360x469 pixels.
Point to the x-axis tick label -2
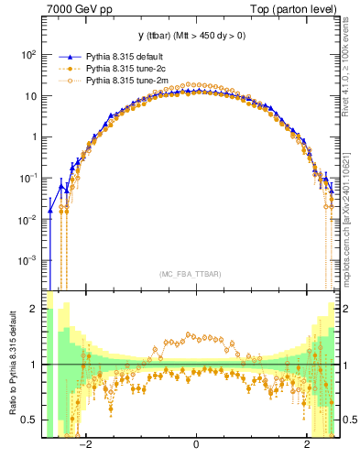click(84, 446)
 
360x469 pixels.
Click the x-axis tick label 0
click(196, 446)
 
